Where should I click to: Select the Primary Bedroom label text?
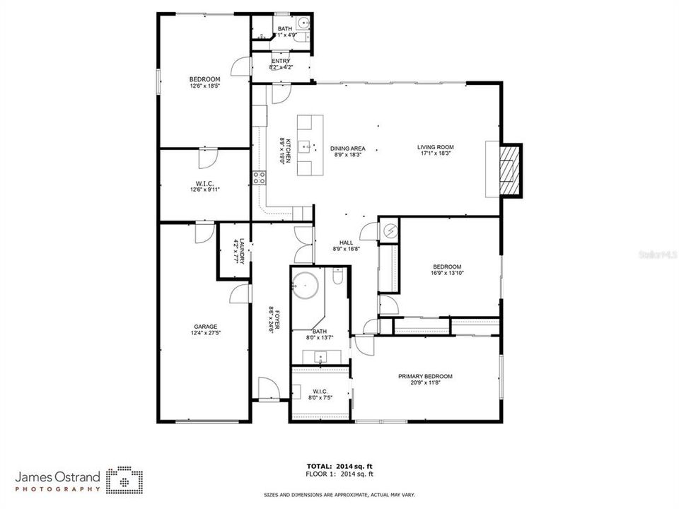(425, 376)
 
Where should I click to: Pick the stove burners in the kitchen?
(259, 177)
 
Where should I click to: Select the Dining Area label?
(347, 148)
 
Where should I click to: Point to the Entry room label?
(281, 62)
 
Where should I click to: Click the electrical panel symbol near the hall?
(390, 230)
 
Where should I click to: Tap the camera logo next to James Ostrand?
(125, 479)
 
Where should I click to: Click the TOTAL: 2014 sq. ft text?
(339, 466)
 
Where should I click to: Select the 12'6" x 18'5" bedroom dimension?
(204, 86)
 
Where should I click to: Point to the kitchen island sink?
(306, 147)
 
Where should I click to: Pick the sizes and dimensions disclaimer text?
(339, 495)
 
